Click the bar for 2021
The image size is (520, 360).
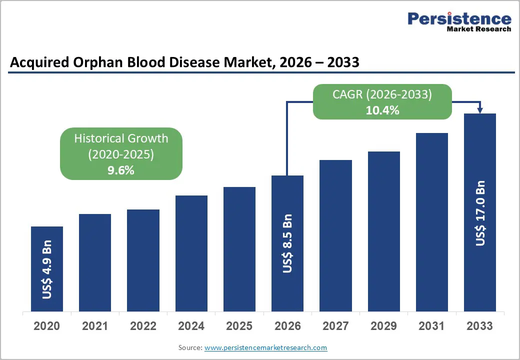95,262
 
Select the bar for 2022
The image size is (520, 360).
143,260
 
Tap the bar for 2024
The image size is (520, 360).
191,253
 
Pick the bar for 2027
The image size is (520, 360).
335,235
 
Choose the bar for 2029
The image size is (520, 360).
383,231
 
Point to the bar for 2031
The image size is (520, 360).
431,222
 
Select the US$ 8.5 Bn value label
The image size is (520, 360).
287,243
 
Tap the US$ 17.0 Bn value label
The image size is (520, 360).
480,210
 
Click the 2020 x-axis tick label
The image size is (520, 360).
47,326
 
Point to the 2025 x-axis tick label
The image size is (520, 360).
239,326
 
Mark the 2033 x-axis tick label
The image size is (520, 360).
479,326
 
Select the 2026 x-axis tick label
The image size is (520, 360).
287,326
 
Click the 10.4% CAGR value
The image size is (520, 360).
382,110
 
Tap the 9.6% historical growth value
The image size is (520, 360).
121,170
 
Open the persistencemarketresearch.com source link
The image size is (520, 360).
265,347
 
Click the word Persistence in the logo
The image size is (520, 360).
459,19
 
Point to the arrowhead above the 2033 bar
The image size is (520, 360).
480,110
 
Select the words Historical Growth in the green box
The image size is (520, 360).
121,138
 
